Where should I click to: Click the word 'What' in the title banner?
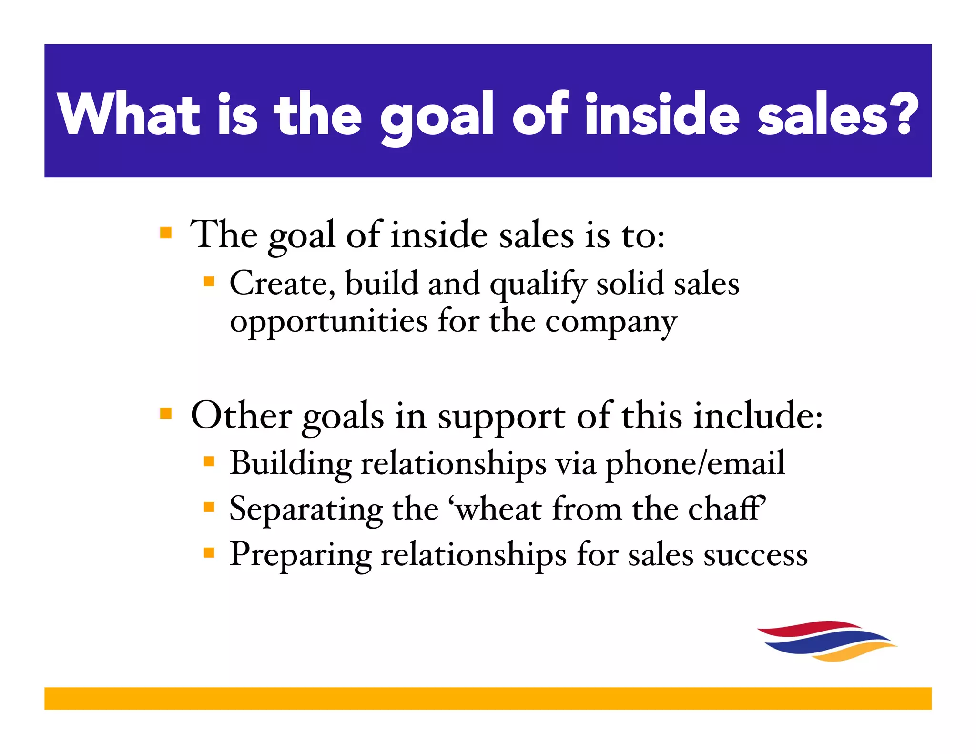point(128,114)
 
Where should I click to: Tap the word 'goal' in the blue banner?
point(436,117)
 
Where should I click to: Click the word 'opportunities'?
point(328,322)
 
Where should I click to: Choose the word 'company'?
point(611,323)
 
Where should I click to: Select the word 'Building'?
point(290,463)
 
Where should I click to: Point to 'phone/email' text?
point(695,463)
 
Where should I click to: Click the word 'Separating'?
point(305,509)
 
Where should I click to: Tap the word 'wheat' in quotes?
point(498,509)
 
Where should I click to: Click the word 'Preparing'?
point(300,555)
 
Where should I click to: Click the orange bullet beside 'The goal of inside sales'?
point(165,233)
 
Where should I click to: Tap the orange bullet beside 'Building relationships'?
point(209,461)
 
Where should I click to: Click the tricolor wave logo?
point(826,641)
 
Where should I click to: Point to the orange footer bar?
point(488,698)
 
